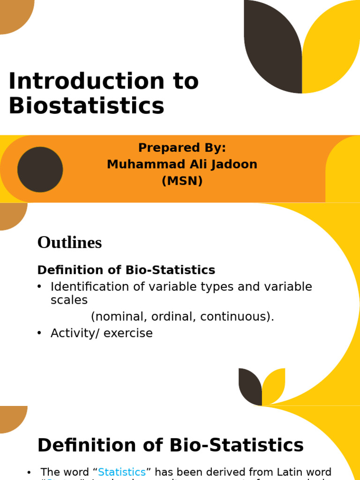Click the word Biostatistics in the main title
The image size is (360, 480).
click(x=86, y=106)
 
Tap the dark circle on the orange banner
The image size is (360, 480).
click(x=40, y=169)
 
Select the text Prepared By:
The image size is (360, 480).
click(x=182, y=148)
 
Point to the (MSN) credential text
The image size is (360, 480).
click(x=182, y=181)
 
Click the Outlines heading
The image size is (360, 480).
click(x=69, y=243)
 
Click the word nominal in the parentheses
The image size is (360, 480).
click(x=117, y=317)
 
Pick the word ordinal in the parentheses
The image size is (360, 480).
click(x=172, y=317)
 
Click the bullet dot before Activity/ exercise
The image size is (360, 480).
click(x=39, y=333)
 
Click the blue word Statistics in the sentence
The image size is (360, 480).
click(x=122, y=472)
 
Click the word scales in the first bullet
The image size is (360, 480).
click(x=69, y=300)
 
